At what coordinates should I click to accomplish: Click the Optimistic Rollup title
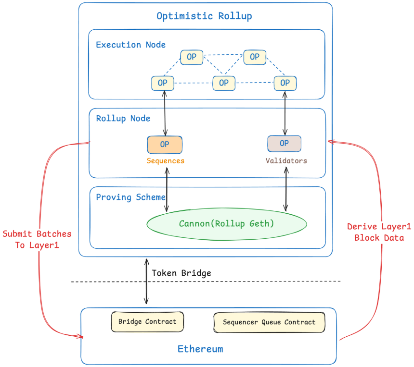(204, 16)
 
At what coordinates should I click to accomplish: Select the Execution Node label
(130, 45)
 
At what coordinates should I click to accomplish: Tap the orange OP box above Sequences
(165, 145)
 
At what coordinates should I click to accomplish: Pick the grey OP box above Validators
(285, 144)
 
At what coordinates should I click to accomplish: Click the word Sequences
(166, 161)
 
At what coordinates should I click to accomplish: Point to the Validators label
(286, 161)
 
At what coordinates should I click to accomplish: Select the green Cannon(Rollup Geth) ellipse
(227, 224)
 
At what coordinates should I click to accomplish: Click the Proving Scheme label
(130, 197)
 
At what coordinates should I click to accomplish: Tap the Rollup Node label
(123, 119)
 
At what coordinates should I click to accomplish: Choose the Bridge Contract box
(147, 322)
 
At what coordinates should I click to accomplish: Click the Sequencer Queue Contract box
(269, 322)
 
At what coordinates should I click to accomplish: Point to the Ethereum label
(200, 349)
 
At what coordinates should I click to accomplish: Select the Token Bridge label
(181, 273)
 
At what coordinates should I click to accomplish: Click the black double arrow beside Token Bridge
(146, 281)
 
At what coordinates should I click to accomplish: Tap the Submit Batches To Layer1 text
(37, 240)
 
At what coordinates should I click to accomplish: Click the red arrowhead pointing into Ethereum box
(80, 336)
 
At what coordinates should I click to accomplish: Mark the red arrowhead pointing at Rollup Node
(331, 142)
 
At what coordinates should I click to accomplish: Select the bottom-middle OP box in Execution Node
(224, 83)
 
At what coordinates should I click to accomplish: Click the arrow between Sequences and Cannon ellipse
(167, 190)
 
